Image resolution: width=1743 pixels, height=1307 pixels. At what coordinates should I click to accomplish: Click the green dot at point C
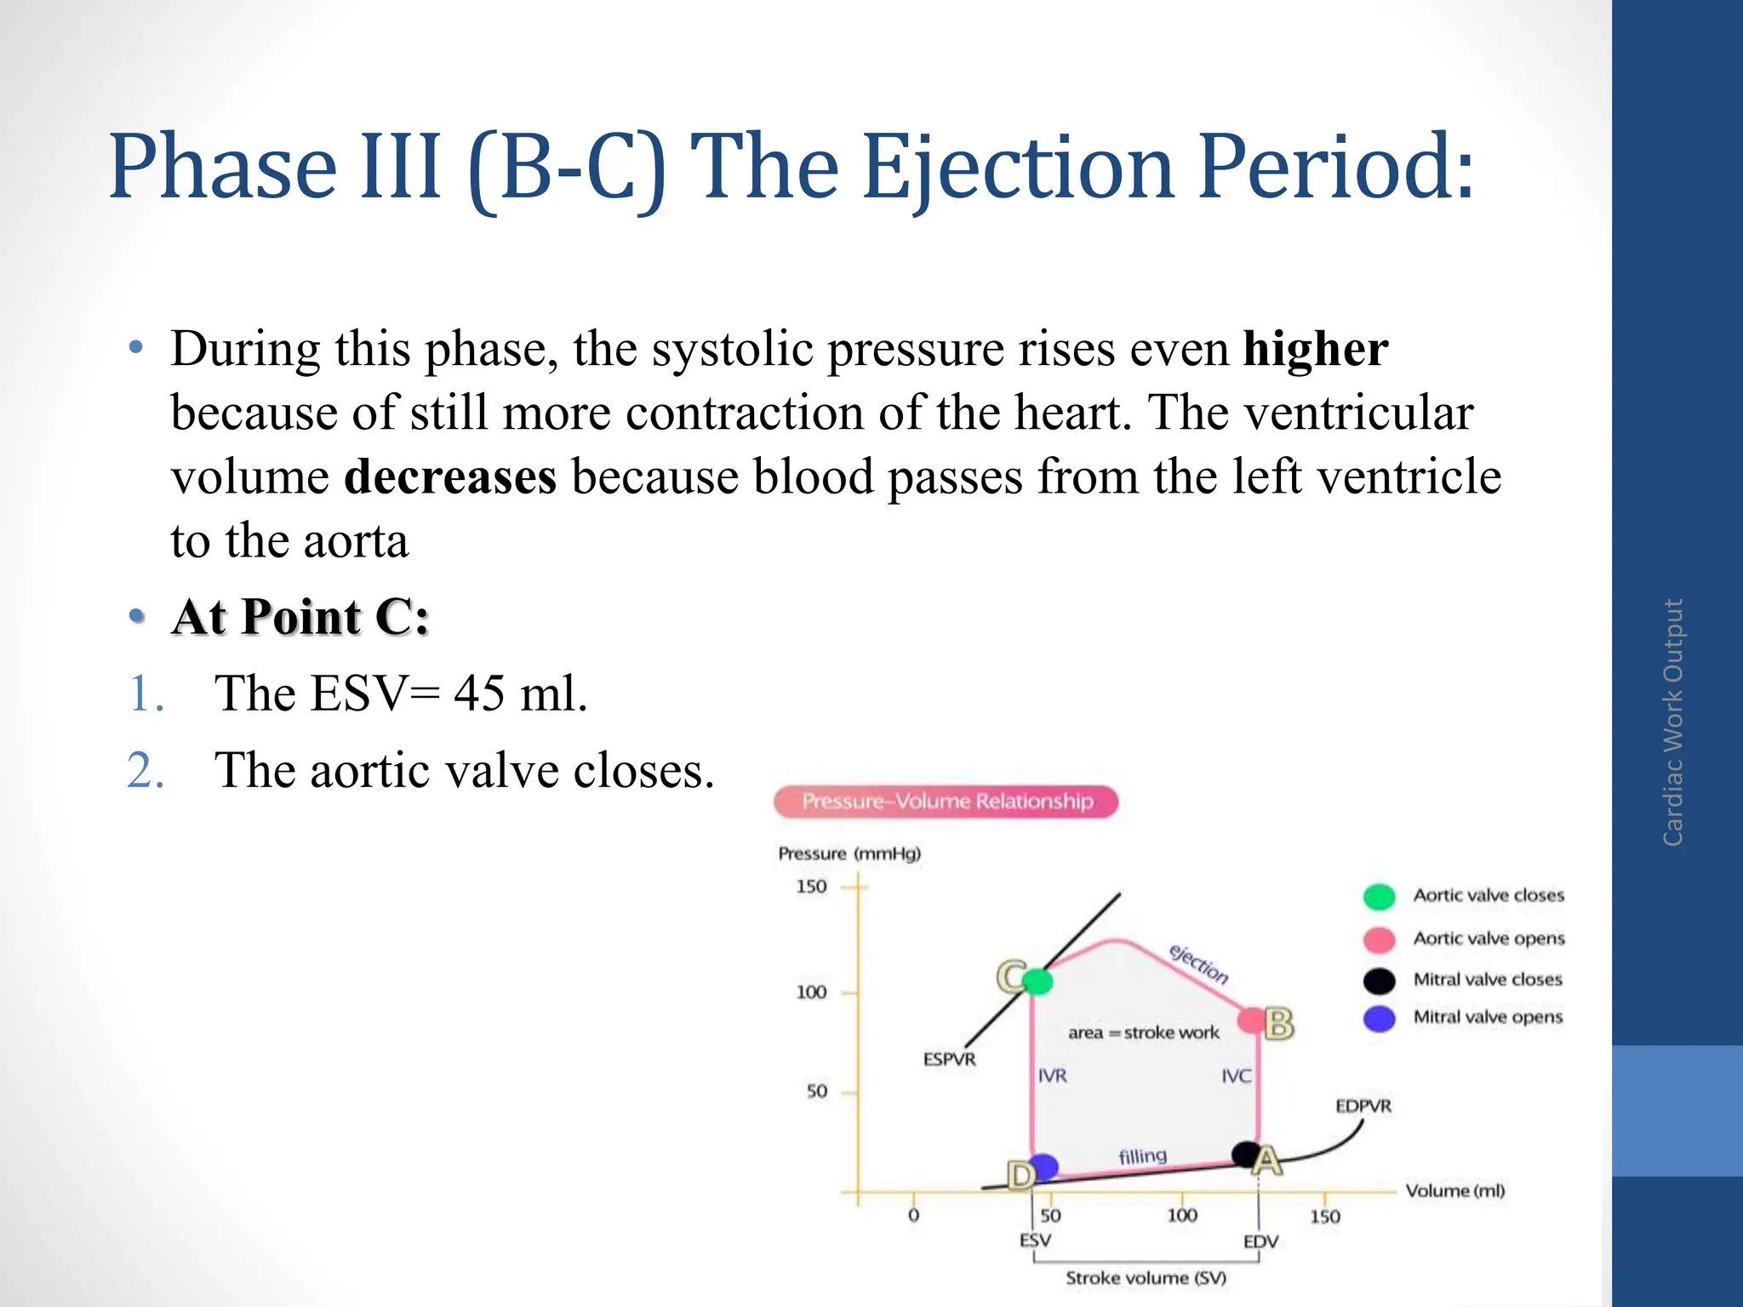[1037, 981]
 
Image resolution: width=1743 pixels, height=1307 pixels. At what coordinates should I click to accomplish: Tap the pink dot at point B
[1252, 1020]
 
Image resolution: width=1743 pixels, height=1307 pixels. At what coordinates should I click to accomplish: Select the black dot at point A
[1246, 1154]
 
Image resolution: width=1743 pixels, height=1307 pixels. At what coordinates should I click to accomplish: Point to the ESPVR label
[949, 1059]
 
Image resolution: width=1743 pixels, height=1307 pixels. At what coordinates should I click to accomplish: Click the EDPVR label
[1363, 1106]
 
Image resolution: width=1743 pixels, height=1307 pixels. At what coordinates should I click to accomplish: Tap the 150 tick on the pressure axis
[811, 887]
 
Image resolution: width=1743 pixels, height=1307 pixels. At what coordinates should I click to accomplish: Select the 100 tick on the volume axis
[1181, 1215]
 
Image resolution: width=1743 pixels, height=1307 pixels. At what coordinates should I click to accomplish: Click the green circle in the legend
[1379, 896]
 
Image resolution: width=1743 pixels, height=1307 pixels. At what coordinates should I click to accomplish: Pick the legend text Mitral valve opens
[1487, 1017]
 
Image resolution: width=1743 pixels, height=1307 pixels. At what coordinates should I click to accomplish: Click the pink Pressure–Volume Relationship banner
[946, 802]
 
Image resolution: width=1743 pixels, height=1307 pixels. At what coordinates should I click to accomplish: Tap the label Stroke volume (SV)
[1146, 1278]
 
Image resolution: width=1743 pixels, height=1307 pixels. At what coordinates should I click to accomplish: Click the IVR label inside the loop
[1052, 1076]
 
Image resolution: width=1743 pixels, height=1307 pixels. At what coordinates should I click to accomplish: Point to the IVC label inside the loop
[1236, 1076]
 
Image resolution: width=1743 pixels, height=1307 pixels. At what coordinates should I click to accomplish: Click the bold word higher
[1315, 349]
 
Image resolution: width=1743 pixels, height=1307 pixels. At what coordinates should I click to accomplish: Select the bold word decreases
[449, 477]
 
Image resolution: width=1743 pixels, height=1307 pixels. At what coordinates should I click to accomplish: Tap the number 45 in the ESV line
[479, 693]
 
